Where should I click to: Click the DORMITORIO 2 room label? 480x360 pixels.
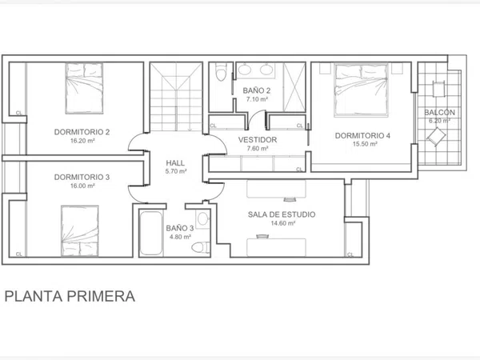click(82, 131)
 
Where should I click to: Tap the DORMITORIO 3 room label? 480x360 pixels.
click(82, 177)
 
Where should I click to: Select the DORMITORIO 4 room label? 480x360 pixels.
click(362, 135)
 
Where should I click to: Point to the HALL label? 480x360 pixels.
click(176, 162)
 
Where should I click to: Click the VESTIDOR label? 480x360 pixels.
click(258, 140)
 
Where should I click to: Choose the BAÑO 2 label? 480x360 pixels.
click(257, 90)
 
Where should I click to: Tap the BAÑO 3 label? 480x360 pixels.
click(179, 228)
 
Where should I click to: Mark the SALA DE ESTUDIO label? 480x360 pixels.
click(282, 214)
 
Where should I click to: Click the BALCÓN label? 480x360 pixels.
click(439, 113)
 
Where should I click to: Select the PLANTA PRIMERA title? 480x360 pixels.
click(70, 296)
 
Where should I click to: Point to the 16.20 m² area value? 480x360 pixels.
click(82, 140)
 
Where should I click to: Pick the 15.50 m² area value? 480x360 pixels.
click(362, 144)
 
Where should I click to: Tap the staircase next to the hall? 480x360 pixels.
click(176, 96)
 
